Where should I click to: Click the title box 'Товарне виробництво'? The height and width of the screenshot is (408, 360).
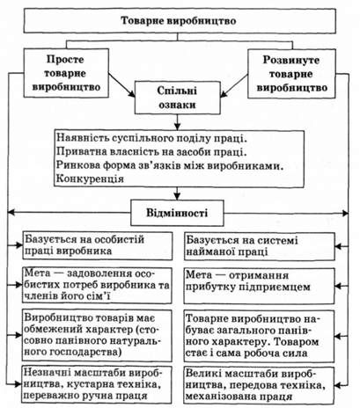pyautogui.click(x=180, y=20)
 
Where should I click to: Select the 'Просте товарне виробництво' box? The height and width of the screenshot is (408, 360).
pyautogui.click(x=66, y=73)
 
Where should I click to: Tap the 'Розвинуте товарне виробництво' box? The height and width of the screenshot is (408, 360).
pyautogui.click(x=291, y=74)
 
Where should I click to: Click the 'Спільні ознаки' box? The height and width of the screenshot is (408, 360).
pyautogui.click(x=178, y=98)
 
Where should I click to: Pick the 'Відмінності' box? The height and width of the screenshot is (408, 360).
pyautogui.click(x=177, y=213)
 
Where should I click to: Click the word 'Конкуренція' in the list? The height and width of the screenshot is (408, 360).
pyautogui.click(x=90, y=178)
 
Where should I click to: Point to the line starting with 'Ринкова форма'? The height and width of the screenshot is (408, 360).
pyautogui.click(x=170, y=165)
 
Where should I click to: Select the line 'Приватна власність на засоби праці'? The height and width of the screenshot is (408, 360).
pyautogui.click(x=151, y=152)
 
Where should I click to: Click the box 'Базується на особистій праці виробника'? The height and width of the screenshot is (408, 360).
pyautogui.click(x=98, y=245)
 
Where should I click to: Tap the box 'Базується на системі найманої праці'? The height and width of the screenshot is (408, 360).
pyautogui.click(x=260, y=246)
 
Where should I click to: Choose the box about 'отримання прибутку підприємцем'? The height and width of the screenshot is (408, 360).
pyautogui.click(x=259, y=286)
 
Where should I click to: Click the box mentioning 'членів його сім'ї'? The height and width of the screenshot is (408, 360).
pyautogui.click(x=97, y=285)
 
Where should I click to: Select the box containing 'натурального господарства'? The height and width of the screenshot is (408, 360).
pyautogui.click(x=97, y=336)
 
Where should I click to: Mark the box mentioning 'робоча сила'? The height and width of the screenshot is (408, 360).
pyautogui.click(x=259, y=337)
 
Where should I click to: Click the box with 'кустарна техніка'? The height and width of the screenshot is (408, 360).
pyautogui.click(x=97, y=384)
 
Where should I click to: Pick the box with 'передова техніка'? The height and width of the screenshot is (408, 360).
pyautogui.click(x=259, y=385)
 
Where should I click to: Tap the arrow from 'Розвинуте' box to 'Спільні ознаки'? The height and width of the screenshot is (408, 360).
pyautogui.click(x=234, y=85)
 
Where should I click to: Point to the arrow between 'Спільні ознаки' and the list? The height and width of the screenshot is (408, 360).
pyautogui.click(x=177, y=122)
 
